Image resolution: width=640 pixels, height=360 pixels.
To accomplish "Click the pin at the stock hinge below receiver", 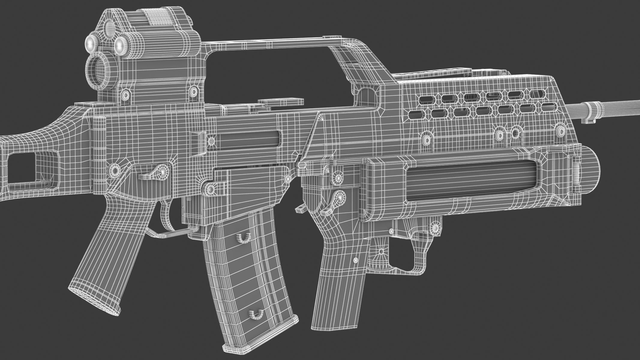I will pos(114,170).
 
